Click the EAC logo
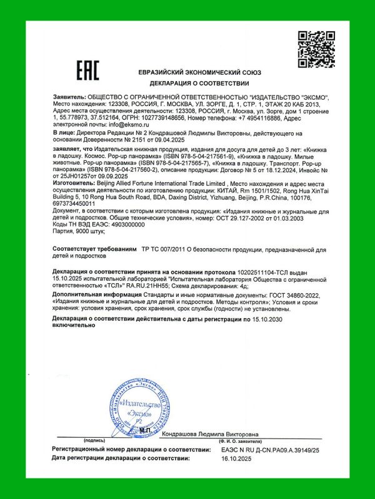(x=87, y=70)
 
